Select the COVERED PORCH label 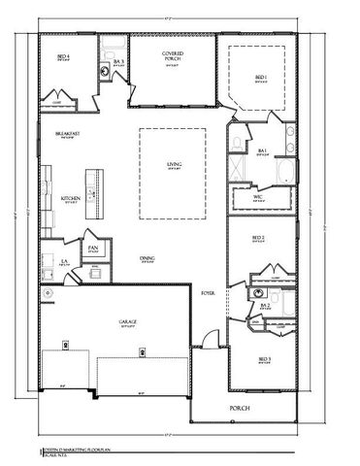point(174,58)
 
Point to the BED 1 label point(260,78)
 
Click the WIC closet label point(259,197)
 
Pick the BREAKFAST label point(68,135)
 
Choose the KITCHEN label point(71,199)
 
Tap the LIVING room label point(175,164)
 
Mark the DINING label point(147,257)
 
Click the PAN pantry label point(94,249)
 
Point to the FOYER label point(208,291)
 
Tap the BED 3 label point(264,359)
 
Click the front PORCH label point(239,408)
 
